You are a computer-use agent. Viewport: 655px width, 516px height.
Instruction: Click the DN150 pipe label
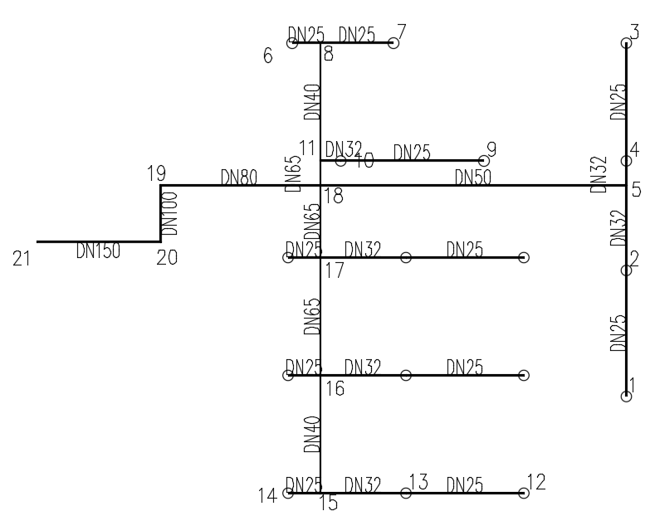[97, 251]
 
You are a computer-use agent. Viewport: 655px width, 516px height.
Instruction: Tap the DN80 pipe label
[238, 177]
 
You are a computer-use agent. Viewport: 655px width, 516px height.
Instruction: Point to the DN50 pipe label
[472, 177]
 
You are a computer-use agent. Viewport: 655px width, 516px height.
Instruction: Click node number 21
[22, 258]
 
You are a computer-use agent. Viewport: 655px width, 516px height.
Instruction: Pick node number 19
[156, 174]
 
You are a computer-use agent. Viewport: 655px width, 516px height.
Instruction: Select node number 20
[167, 258]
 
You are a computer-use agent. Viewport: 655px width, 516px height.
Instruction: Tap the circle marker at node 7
[393, 43]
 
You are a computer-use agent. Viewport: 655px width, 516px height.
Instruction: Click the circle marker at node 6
[292, 43]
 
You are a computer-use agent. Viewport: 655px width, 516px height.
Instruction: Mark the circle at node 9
[484, 160]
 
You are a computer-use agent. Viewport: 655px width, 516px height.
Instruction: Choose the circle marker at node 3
[627, 43]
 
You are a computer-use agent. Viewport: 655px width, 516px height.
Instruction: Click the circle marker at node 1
[627, 397]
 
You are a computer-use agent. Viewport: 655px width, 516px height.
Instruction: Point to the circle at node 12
[524, 493]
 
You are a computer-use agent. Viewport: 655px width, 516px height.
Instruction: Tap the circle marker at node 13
[406, 493]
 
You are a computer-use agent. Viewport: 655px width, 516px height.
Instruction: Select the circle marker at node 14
[288, 493]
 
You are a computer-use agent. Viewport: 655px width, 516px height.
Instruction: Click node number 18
[334, 196]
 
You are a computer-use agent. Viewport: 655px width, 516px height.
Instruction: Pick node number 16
[335, 388]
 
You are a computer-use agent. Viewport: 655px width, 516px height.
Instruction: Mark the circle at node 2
[627, 270]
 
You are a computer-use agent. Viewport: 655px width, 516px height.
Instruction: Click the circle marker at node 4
[627, 161]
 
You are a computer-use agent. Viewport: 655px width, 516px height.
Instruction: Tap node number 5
[636, 189]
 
